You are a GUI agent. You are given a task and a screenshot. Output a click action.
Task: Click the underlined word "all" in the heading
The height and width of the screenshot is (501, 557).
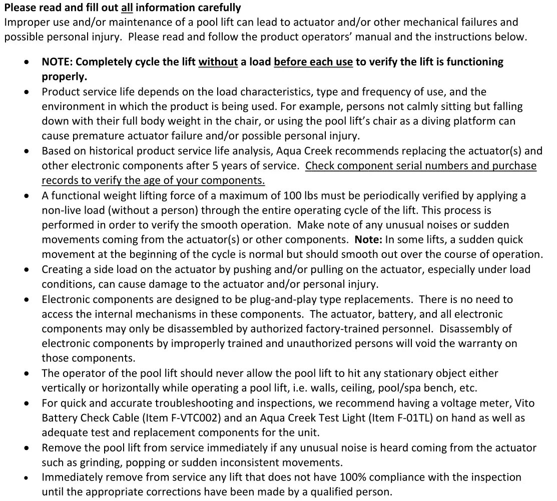point(128,8)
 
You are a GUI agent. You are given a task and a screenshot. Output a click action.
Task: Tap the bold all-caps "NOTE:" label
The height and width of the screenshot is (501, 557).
point(57,62)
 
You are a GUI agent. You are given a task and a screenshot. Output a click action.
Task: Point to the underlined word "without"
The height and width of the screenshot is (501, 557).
point(218,62)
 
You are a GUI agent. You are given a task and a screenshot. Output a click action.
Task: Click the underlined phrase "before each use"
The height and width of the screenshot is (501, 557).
point(313,62)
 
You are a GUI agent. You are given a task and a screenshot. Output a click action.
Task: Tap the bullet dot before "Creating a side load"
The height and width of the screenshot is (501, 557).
point(27,270)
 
